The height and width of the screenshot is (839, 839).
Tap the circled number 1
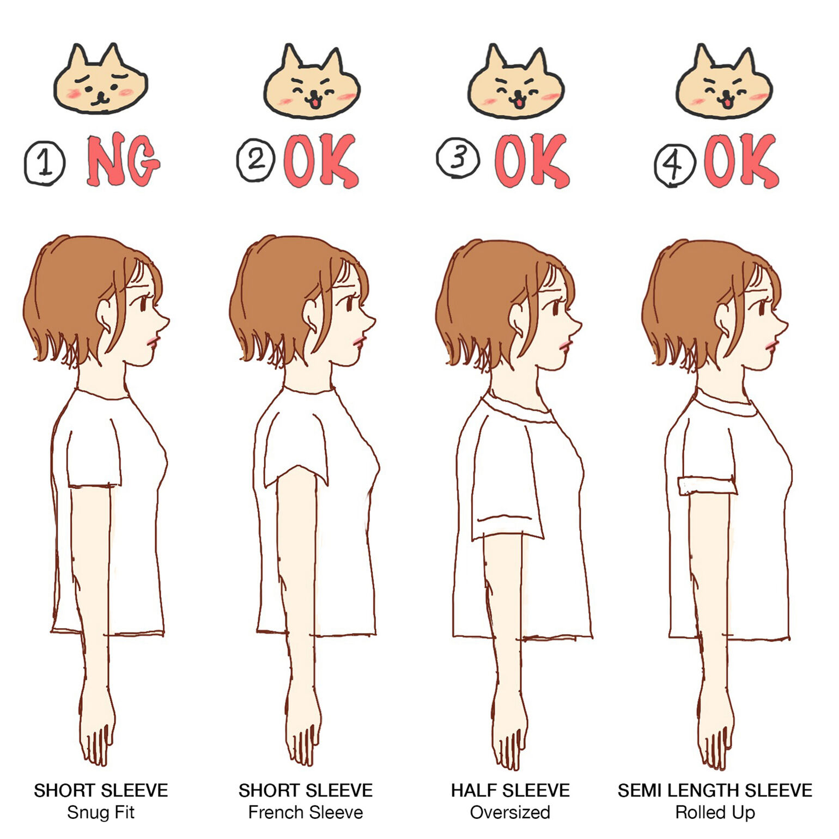click(x=45, y=163)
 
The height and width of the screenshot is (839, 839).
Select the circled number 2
click(x=256, y=160)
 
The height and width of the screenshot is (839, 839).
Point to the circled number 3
click(x=458, y=158)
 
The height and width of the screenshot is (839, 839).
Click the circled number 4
click(x=675, y=165)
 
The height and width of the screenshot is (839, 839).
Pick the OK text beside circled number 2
click(x=321, y=161)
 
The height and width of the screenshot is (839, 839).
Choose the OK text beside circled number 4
click(x=741, y=161)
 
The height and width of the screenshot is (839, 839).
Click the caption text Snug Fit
click(x=101, y=812)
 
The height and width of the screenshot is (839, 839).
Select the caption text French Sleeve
click(x=306, y=812)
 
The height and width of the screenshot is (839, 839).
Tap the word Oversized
click(x=510, y=812)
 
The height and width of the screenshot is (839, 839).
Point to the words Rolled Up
click(x=715, y=812)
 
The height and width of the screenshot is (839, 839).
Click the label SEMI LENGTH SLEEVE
click(x=715, y=791)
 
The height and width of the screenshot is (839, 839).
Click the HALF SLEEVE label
click(x=510, y=791)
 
